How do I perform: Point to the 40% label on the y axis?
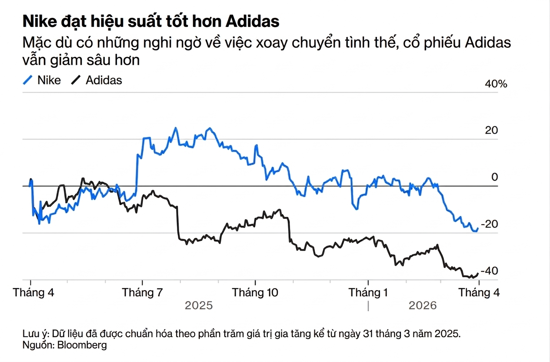click(x=496, y=84)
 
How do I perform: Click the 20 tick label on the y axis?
click(x=491, y=131)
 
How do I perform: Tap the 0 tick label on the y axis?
click(x=494, y=177)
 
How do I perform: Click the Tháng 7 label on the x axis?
click(x=142, y=292)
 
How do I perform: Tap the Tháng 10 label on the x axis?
click(x=255, y=292)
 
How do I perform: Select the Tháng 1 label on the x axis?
click(x=368, y=292)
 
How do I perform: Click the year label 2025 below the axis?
click(x=199, y=305)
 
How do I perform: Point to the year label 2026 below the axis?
click(x=423, y=305)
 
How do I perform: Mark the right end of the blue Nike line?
click(x=478, y=228)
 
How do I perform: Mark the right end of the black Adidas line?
click(x=478, y=273)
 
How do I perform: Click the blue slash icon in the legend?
click(x=28, y=80)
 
